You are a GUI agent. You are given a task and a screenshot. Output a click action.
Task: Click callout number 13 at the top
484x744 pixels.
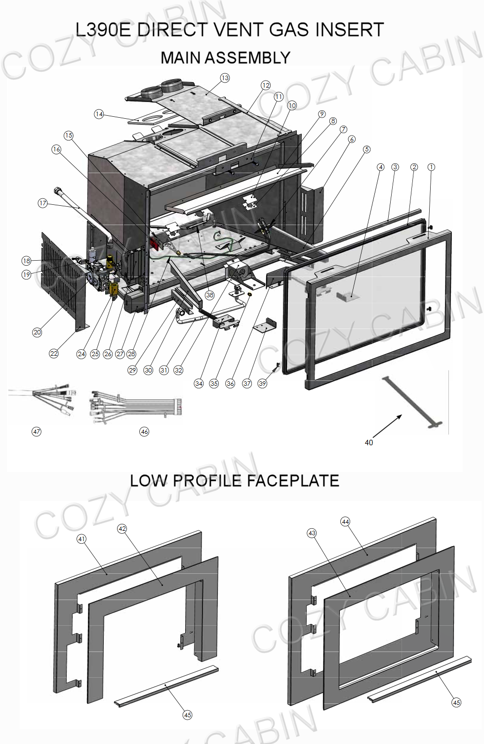(225, 78)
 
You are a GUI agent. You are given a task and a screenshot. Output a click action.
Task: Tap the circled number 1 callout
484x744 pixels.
(431, 167)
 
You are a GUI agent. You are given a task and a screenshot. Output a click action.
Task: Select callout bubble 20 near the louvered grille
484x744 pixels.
(37, 332)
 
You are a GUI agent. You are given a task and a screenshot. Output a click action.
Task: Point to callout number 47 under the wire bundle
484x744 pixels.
(37, 432)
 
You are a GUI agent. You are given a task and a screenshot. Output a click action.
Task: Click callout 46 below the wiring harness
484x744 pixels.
(144, 432)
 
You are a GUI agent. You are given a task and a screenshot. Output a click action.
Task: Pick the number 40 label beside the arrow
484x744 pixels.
(369, 443)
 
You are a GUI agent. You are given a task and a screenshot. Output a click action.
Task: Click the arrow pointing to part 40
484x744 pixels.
(387, 426)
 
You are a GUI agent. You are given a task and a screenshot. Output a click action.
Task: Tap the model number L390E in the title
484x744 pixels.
(103, 30)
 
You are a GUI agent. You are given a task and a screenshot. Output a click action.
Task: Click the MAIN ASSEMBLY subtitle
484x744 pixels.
(225, 58)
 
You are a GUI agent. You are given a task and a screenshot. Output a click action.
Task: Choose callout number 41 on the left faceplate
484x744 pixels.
(82, 539)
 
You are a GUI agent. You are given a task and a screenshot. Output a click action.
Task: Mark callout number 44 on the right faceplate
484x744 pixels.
(345, 521)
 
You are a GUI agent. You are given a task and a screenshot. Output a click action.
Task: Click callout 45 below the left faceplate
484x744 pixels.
(188, 715)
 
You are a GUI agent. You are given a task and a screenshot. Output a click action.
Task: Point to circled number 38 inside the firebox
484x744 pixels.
(210, 295)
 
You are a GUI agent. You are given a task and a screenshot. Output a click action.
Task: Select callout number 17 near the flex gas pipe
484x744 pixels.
(42, 203)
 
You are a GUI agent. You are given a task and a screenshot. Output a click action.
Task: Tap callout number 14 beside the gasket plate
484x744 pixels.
(99, 114)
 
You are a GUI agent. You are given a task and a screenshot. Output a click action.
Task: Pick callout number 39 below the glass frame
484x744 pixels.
(262, 383)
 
